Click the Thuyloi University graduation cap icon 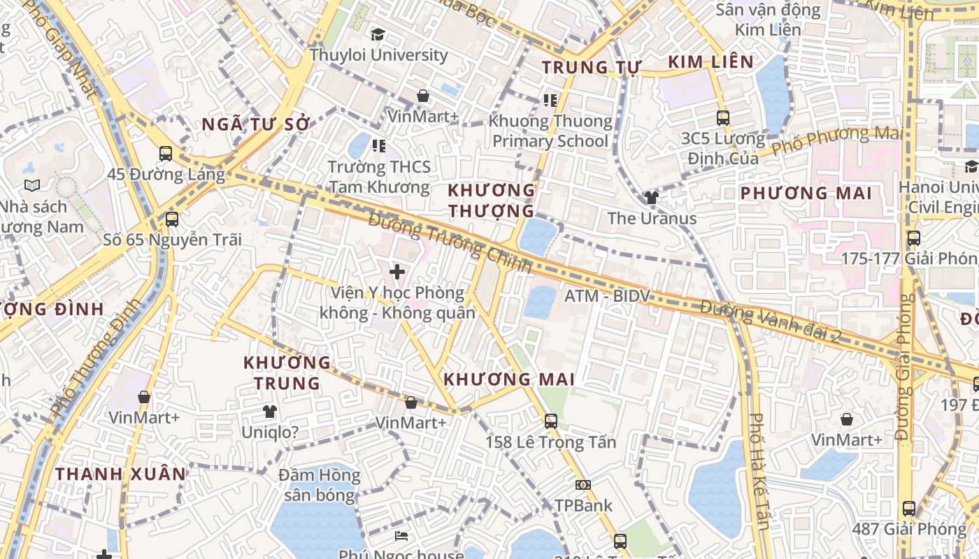pyautogui.click(x=378, y=34)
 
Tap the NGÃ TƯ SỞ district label pyautogui.click(x=255, y=124)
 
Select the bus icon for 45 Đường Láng pyautogui.click(x=166, y=154)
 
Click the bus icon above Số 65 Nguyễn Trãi pyautogui.click(x=172, y=219)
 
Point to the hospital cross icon pyautogui.click(x=397, y=272)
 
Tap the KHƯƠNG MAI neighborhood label pyautogui.click(x=509, y=379)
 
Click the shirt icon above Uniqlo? pyautogui.click(x=269, y=412)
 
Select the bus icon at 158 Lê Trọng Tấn pyautogui.click(x=551, y=421)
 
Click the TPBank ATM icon pyautogui.click(x=583, y=485)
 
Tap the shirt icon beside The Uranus pyautogui.click(x=652, y=198)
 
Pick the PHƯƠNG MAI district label pyautogui.click(x=806, y=193)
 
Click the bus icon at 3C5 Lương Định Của pyautogui.click(x=723, y=118)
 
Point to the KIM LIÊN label pyautogui.click(x=710, y=62)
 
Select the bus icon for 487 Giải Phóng pyautogui.click(x=908, y=509)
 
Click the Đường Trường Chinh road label pyautogui.click(x=450, y=243)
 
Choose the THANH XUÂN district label pyautogui.click(x=121, y=474)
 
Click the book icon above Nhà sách pyautogui.click(x=32, y=185)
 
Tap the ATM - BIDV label pyautogui.click(x=607, y=296)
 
